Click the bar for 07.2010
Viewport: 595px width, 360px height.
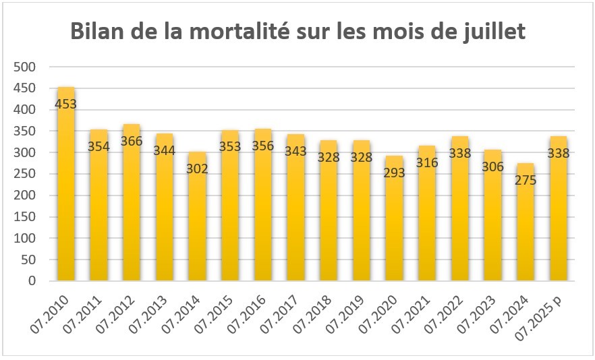(66, 184)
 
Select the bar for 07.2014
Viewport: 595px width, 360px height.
(197, 216)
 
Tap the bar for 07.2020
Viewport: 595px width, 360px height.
(394, 218)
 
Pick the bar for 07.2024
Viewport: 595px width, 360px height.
(526, 222)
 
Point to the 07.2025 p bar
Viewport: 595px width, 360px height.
(559, 208)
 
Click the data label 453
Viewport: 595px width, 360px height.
(66, 104)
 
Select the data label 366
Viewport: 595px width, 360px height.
(132, 141)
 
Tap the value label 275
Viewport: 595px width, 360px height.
(526, 180)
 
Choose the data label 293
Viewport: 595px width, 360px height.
(394, 173)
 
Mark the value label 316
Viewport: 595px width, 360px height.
(427, 162)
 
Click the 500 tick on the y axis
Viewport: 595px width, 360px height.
(25, 67)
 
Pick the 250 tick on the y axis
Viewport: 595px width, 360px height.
(25, 174)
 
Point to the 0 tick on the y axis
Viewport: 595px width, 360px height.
(32, 281)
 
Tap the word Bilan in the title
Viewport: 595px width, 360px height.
(97, 32)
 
